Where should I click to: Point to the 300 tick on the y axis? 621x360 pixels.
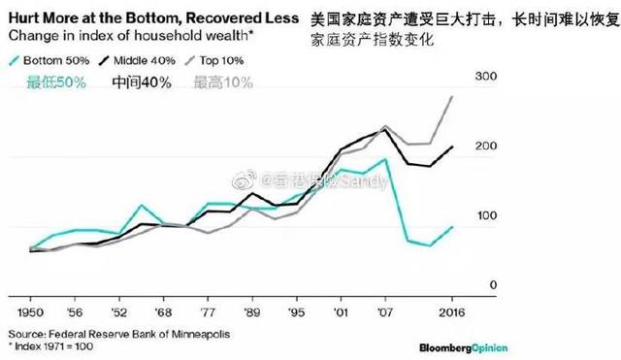click(x=485, y=76)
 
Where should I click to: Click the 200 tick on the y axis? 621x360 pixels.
click(x=485, y=146)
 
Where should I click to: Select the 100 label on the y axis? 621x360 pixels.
click(x=484, y=214)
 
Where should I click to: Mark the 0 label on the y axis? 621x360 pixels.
click(x=493, y=283)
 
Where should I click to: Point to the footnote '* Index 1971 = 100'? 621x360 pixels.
click(x=52, y=345)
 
